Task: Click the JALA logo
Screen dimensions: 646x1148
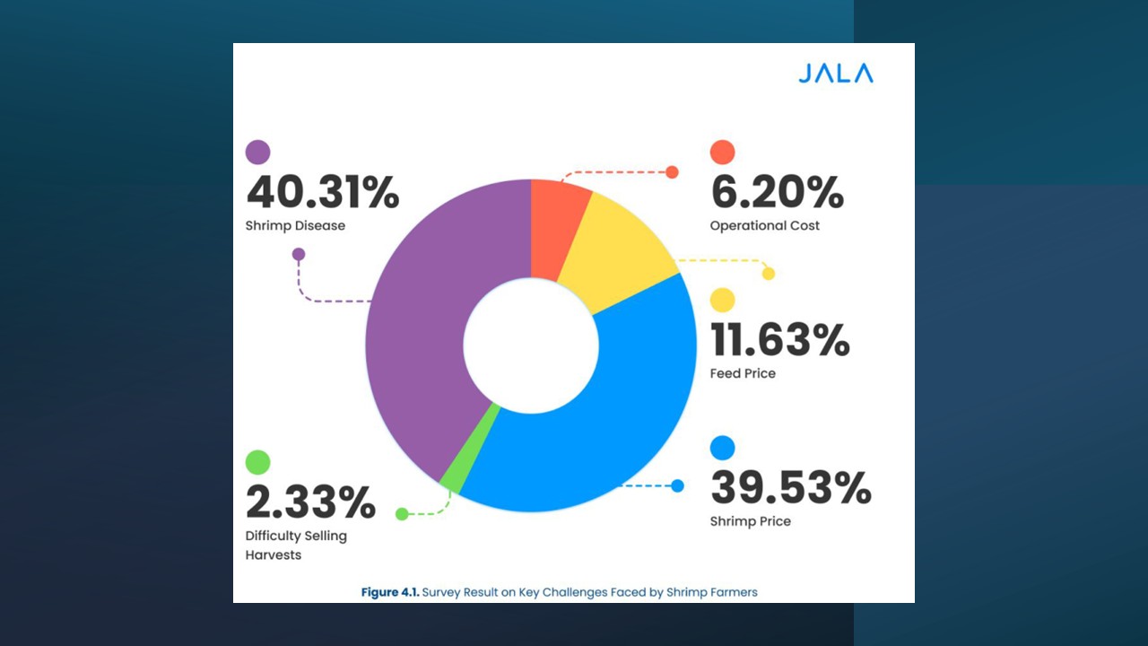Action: tap(835, 74)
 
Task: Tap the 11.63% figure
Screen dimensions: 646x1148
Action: tap(779, 340)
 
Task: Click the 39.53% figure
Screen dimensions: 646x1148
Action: tap(790, 488)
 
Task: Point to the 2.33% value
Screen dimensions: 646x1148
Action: tap(310, 502)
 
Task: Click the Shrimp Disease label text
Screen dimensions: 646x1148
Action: tap(295, 226)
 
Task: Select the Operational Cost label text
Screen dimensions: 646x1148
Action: tap(764, 226)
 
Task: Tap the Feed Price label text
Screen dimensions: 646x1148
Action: tap(743, 373)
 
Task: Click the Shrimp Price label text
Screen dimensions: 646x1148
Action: tap(751, 521)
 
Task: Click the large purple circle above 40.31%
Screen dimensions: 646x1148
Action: tap(257, 153)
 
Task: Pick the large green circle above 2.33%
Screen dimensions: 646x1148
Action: tap(257, 462)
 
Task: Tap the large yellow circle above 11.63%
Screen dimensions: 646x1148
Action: tap(722, 301)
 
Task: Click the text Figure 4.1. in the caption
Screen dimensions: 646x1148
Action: tap(389, 592)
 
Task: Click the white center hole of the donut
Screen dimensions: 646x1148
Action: tap(531, 345)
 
